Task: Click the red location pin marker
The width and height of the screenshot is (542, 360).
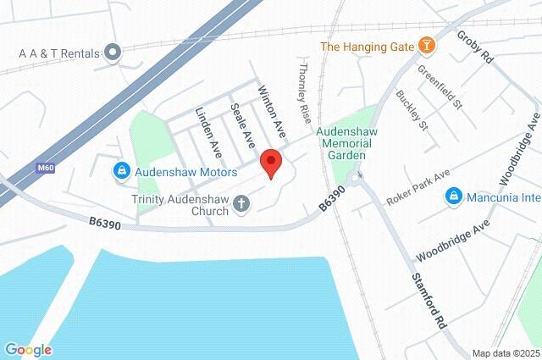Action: pyautogui.click(x=270, y=162)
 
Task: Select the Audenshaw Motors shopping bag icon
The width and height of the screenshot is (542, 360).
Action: pyautogui.click(x=122, y=172)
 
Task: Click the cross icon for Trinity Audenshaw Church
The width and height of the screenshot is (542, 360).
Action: pyautogui.click(x=241, y=204)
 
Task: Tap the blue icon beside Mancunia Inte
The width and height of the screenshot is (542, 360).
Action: pyautogui.click(x=454, y=197)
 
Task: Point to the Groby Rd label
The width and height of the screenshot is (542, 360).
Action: pyautogui.click(x=474, y=48)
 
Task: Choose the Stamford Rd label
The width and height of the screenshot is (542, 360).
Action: pyautogui.click(x=428, y=300)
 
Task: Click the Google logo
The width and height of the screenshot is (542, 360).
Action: pyautogui.click(x=28, y=350)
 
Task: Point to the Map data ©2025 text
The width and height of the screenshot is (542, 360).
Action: pyautogui.click(x=506, y=353)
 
